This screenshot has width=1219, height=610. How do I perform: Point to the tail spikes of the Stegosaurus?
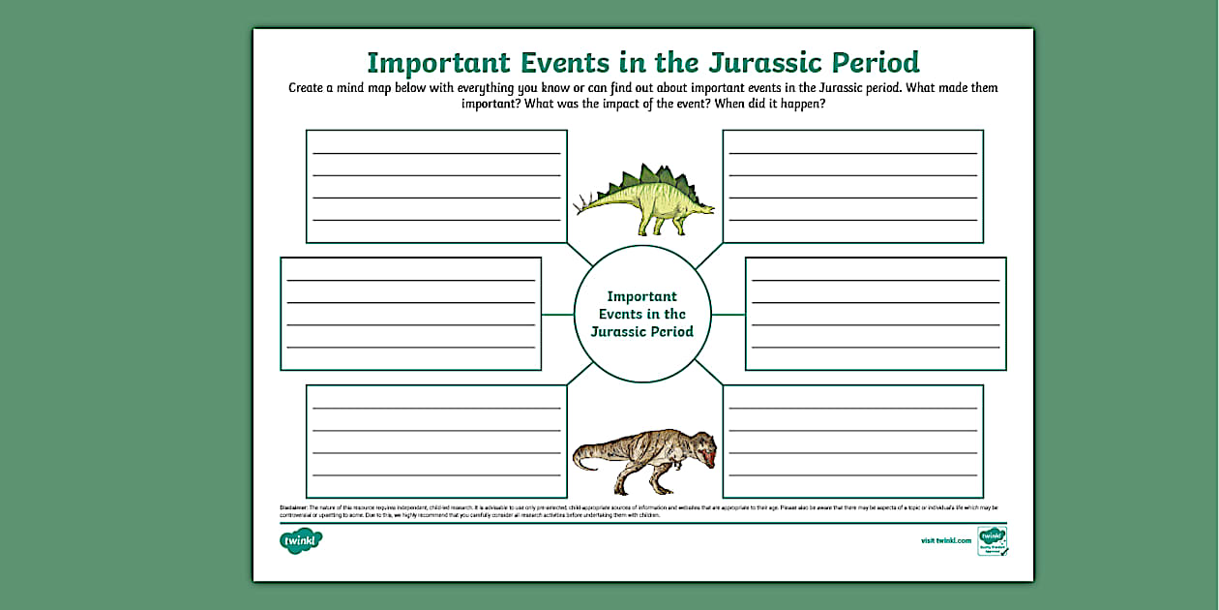584,203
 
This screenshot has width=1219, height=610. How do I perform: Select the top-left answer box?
436,186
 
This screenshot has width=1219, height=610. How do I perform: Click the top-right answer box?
852,186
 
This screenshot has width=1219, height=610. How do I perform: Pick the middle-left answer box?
410,314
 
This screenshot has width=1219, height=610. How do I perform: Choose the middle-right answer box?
876,314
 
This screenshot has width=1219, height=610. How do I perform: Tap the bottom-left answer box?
436,442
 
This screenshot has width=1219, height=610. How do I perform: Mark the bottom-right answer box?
852,442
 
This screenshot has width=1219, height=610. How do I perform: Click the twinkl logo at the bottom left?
301,541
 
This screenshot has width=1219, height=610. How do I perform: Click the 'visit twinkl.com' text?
945,541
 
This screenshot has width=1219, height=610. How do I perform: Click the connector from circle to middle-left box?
557,315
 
